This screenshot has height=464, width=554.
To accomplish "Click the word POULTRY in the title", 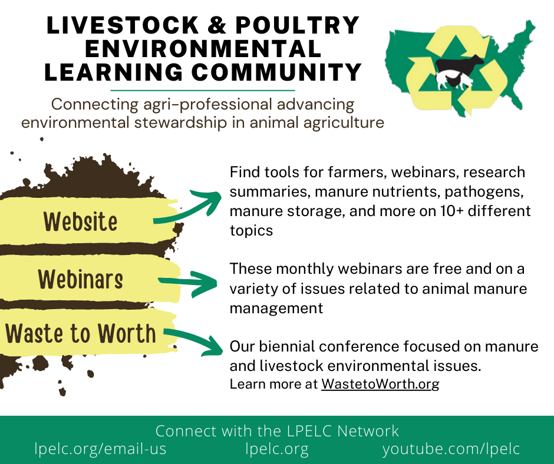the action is (298, 25).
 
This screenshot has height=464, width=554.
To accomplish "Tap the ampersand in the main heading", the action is (216, 25).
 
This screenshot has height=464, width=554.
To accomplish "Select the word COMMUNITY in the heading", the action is (276, 72).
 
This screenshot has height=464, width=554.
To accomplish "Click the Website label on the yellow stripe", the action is (80, 222).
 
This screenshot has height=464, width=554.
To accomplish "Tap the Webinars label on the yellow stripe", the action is (81, 279).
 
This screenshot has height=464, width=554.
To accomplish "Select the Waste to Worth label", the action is (81, 333).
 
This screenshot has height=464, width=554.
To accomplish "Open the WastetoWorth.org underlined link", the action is (380, 384).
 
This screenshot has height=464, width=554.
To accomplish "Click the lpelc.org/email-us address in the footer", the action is (100, 449).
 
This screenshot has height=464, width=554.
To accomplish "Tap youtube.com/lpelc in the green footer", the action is (451, 449).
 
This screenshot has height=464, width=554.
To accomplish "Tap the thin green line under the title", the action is (203, 91).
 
